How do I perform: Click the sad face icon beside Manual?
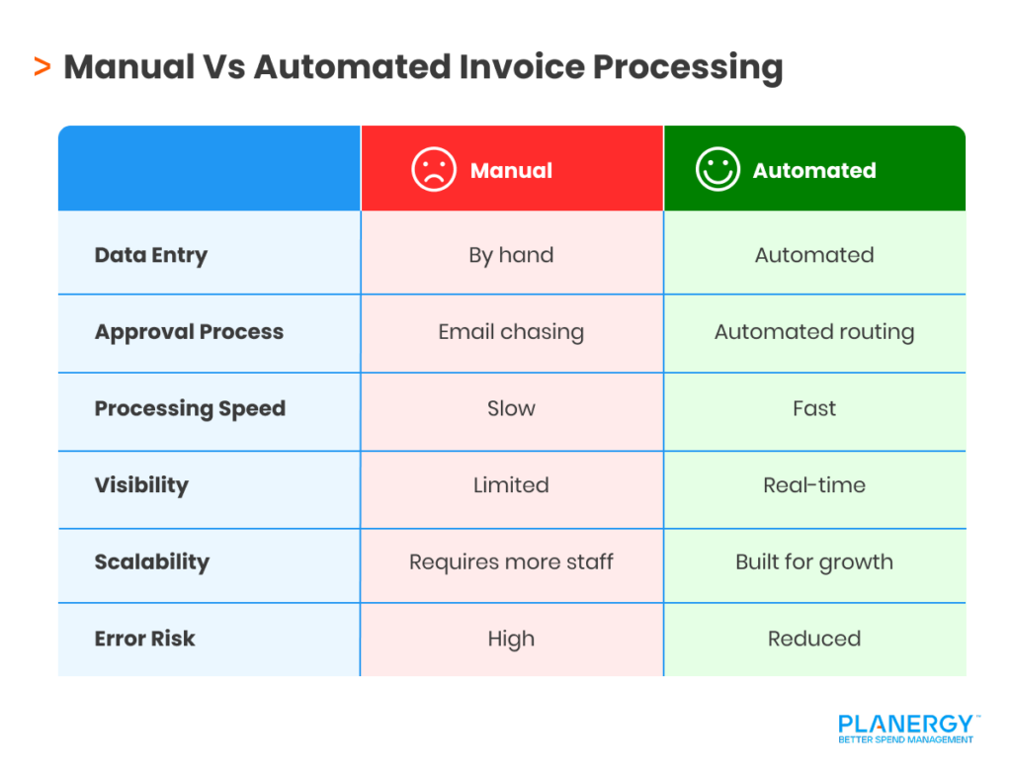tap(434, 170)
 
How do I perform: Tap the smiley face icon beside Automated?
tap(717, 170)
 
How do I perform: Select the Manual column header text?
tap(511, 171)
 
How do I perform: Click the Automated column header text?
tap(814, 171)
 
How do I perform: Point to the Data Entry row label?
tap(151, 255)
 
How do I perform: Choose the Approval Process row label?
tap(189, 332)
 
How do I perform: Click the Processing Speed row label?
tap(190, 409)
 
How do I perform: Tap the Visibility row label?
tap(141, 485)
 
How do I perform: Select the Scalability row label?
tap(152, 562)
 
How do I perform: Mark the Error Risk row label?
tap(145, 639)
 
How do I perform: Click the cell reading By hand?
tap(511, 255)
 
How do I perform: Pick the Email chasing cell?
tap(511, 332)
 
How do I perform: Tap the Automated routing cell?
tap(814, 332)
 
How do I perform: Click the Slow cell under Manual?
tap(511, 409)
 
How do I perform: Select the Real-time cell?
tap(814, 485)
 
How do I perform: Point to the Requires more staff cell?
tap(511, 562)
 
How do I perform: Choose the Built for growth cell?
tap(814, 562)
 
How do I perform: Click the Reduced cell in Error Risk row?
tap(814, 639)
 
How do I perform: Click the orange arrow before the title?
tap(42, 67)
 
